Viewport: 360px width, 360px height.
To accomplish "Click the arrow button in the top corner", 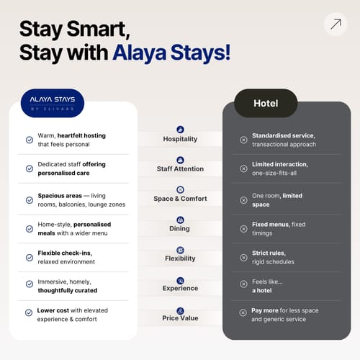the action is tap(336, 24).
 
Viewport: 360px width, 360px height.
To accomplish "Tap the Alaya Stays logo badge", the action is tap(53, 103).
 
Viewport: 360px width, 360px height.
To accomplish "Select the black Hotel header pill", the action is tap(266, 103).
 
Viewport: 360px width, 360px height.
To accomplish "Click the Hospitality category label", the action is tap(180, 139).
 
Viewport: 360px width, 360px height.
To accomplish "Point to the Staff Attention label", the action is tap(180, 169).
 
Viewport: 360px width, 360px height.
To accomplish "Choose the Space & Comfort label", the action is tap(180, 199).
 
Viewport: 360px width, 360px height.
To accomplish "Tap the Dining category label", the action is tap(179, 228).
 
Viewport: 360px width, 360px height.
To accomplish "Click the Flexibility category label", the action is tap(180, 258).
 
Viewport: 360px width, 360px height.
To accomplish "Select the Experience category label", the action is tap(180, 288).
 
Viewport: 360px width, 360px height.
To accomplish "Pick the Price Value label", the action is tap(180, 318).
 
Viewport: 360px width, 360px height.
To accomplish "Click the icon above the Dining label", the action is tap(180, 220).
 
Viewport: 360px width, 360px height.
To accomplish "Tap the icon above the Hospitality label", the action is tap(180, 130).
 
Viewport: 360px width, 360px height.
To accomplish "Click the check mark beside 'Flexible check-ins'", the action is tap(30, 258).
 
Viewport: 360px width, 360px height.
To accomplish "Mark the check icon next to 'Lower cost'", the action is tap(29, 312).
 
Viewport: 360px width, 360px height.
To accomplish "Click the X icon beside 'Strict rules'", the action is tap(243, 258).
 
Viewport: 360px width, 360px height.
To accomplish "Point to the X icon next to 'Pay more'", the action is tap(243, 312).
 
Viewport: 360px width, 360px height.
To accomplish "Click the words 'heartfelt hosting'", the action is tap(81, 136).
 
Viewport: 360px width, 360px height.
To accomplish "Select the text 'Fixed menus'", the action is tap(271, 225).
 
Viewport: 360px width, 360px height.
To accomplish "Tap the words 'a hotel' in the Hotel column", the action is tap(262, 290).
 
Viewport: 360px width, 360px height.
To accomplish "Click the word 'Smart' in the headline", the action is tap(99, 30).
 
